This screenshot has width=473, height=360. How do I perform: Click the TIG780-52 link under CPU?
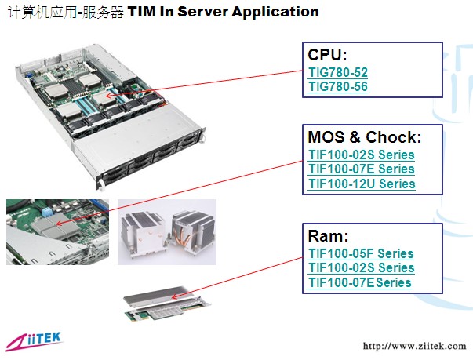(338, 72)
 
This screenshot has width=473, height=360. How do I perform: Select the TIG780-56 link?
(338, 86)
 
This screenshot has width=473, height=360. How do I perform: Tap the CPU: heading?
(327, 55)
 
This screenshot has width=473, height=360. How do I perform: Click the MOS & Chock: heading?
(365, 137)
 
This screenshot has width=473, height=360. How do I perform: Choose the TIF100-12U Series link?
(362, 184)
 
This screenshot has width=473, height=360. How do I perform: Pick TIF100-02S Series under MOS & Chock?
(362, 155)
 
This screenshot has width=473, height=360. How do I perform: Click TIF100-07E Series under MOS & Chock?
(362, 169)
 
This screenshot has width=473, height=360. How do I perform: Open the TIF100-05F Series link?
(361, 253)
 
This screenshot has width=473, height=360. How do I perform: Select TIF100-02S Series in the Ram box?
(362, 267)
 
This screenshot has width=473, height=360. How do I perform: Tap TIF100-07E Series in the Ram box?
(360, 282)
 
